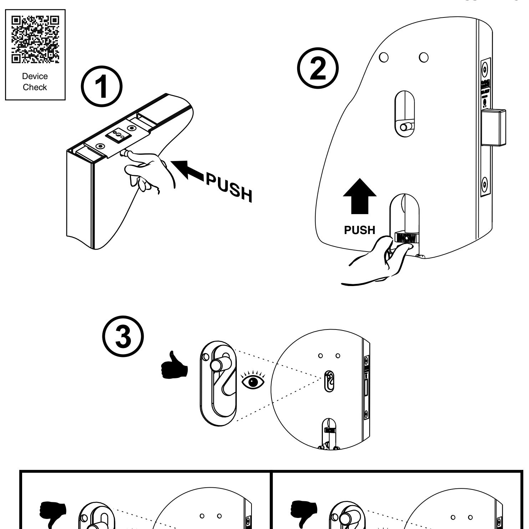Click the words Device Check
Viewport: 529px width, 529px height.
coord(35,82)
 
